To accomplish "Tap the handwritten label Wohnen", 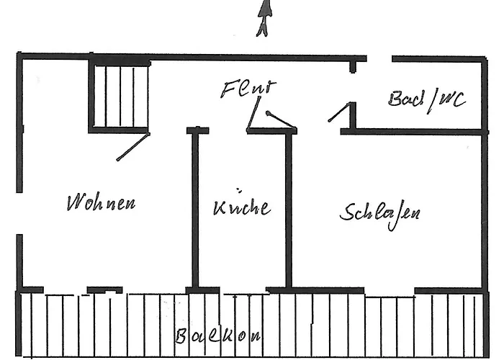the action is (100, 202).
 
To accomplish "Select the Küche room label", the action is (242, 207).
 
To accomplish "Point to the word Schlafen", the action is (379, 212).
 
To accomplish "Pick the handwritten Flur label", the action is (247, 90).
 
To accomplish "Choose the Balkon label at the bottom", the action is (217, 336).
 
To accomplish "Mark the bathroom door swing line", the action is (339, 112).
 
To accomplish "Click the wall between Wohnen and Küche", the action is (194, 209).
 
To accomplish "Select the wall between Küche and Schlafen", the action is (289, 209).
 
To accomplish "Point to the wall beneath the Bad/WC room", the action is (410, 132).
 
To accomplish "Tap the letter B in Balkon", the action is (183, 336).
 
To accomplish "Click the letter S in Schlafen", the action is (348, 212).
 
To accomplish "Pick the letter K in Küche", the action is (218, 207).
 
